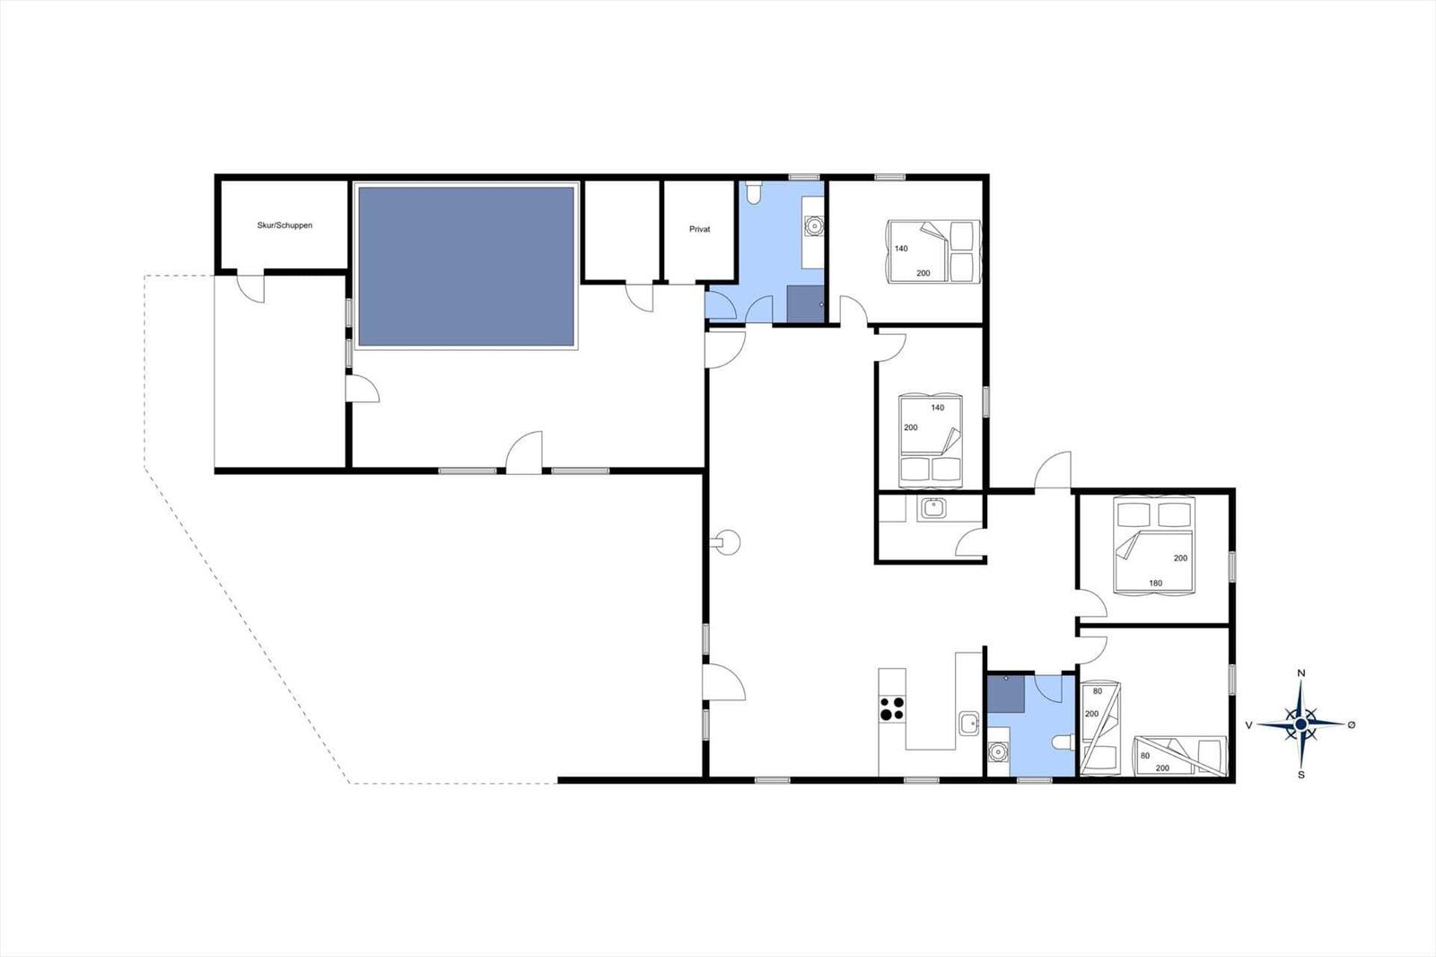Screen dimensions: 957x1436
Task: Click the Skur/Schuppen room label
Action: pyautogui.click(x=285, y=225)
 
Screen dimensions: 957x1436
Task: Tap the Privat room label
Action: pyautogui.click(x=699, y=230)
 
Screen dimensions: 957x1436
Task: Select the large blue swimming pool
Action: pyautogui.click(x=466, y=267)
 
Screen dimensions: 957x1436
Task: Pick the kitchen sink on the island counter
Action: pyautogui.click(x=968, y=722)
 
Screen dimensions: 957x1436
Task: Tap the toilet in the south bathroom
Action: pyautogui.click(x=1064, y=742)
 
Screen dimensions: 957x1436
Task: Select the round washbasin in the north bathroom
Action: pyautogui.click(x=814, y=225)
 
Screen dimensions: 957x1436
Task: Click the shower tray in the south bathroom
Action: pyautogui.click(x=1005, y=694)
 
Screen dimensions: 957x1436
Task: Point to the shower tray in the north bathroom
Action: pyautogui.click(x=805, y=303)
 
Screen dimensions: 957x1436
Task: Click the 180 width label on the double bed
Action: pyautogui.click(x=1155, y=584)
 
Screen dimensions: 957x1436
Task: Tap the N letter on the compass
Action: pyautogui.click(x=1301, y=673)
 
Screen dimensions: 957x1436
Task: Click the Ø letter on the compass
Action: pyautogui.click(x=1352, y=724)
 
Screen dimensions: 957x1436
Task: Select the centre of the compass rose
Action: pyautogui.click(x=1301, y=724)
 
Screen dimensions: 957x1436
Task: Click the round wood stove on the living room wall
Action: pyautogui.click(x=728, y=542)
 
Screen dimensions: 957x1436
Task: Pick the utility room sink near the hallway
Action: pyautogui.click(x=933, y=508)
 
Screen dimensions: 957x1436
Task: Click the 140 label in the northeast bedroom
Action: pyautogui.click(x=901, y=249)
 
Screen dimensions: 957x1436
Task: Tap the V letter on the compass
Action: pyautogui.click(x=1248, y=724)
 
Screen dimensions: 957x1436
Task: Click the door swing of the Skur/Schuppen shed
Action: pyautogui.click(x=251, y=289)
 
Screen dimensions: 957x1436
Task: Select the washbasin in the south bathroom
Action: pyautogui.click(x=996, y=750)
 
